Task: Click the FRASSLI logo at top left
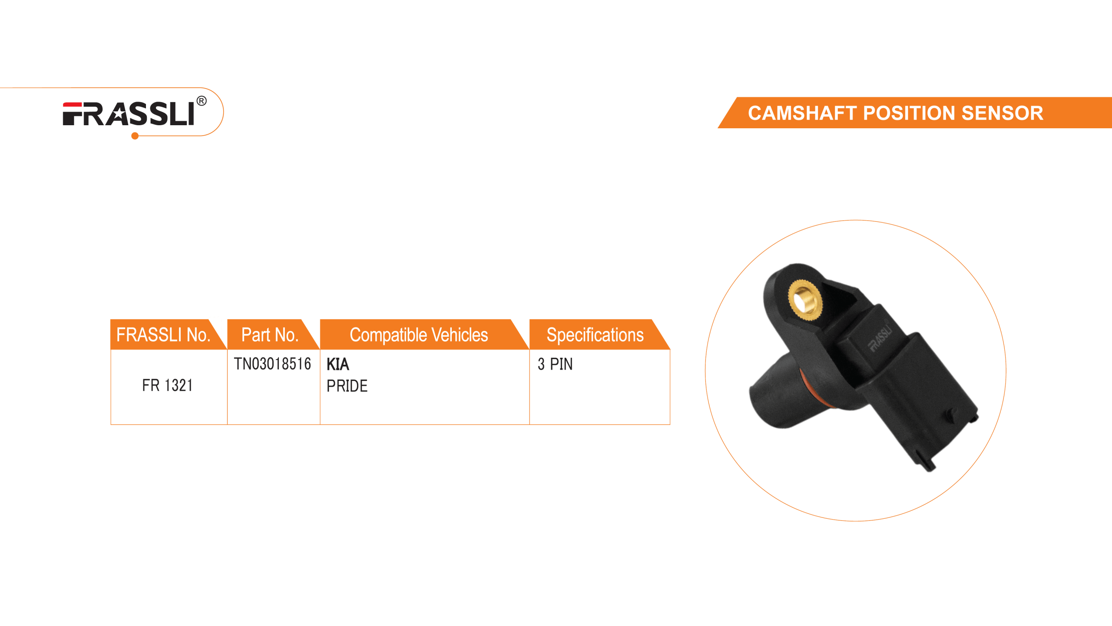tap(129, 114)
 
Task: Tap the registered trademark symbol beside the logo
tap(202, 102)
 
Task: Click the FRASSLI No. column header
tap(163, 335)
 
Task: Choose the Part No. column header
tap(270, 335)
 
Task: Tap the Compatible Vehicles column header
tap(419, 335)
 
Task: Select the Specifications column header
tap(595, 335)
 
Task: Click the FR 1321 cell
tap(167, 386)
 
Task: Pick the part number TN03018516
tap(272, 363)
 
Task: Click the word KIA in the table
tap(338, 364)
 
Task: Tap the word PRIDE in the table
tap(347, 386)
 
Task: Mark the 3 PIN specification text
tap(555, 364)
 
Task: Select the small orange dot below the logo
tap(135, 137)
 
